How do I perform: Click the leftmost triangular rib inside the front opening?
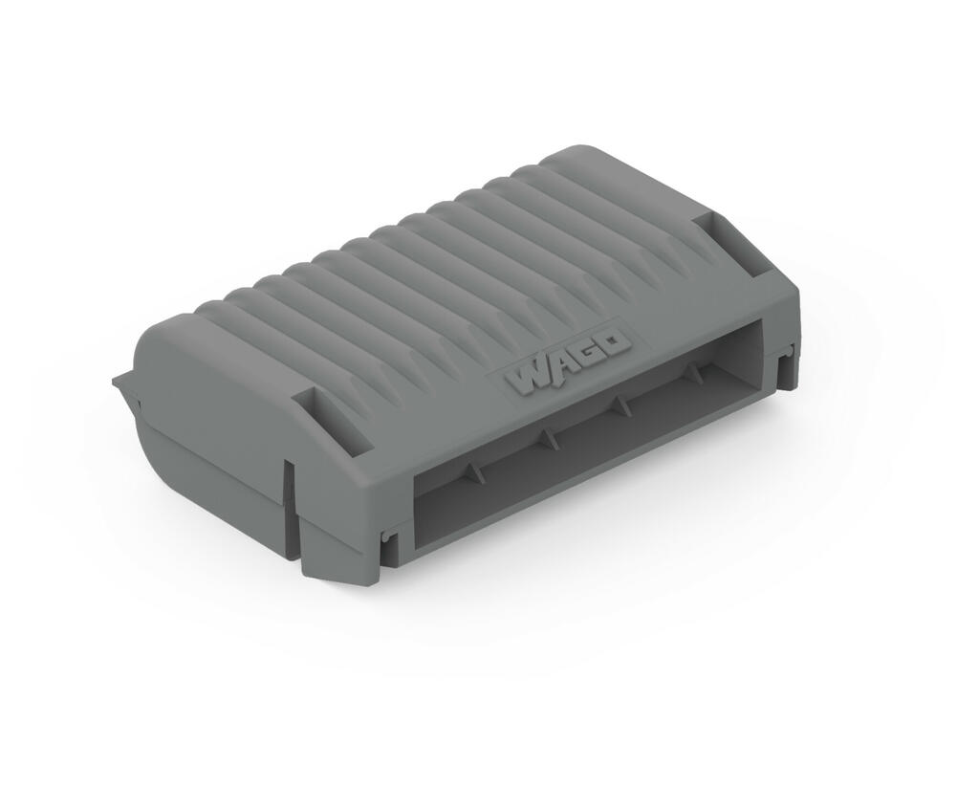tap(473, 472)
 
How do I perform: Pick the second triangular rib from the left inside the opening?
tap(548, 440)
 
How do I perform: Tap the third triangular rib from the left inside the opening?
tap(622, 407)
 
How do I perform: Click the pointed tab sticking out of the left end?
tap(123, 385)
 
